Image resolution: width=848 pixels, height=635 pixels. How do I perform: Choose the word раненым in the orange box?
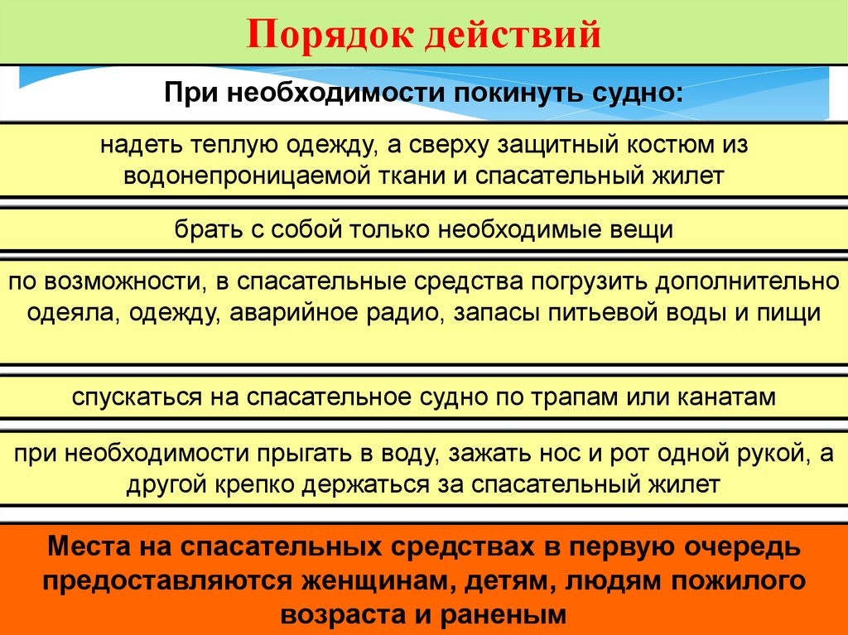coord(507,613)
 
